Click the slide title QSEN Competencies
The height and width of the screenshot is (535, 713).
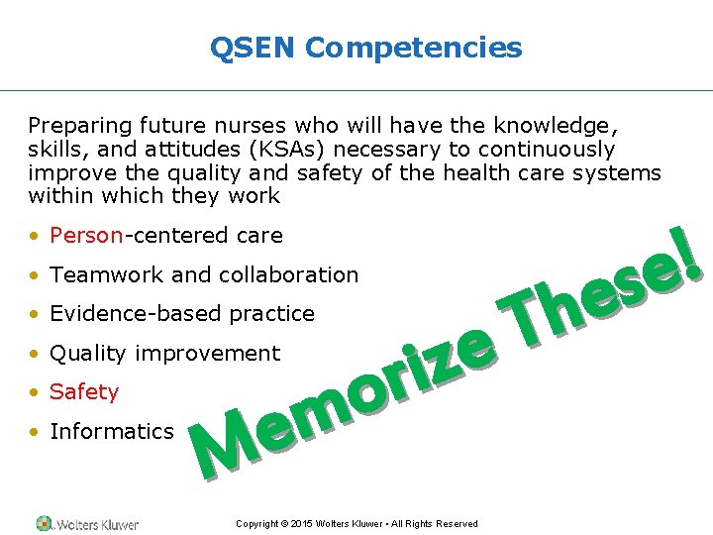tap(365, 47)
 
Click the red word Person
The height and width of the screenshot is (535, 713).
tap(86, 236)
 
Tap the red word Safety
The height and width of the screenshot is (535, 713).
tap(84, 392)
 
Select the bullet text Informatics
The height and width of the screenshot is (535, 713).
tap(111, 431)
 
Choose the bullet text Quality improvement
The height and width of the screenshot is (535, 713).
tap(164, 354)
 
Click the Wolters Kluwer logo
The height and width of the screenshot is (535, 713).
tap(87, 523)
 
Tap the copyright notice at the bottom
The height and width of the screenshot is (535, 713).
tap(356, 524)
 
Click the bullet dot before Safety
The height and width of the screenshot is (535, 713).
tap(35, 393)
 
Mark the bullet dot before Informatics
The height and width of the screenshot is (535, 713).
tap(35, 432)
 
